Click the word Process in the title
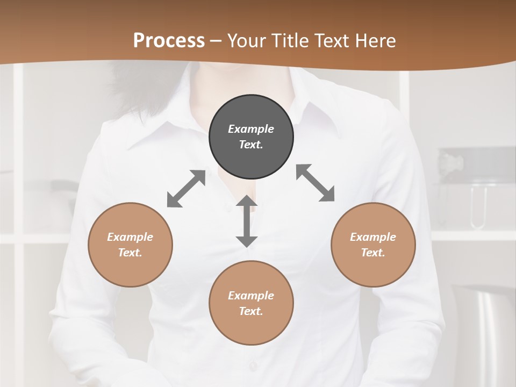coord(169,41)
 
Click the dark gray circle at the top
coord(251,137)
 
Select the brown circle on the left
coord(130,245)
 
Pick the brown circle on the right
coord(373,245)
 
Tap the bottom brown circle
coord(251,303)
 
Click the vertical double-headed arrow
coord(247,221)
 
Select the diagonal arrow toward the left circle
coord(186,189)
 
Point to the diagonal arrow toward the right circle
coord(316,183)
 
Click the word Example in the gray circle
coord(251,129)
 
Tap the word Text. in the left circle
coord(130,253)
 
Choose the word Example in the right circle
coord(373,237)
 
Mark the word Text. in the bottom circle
coord(251,311)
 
